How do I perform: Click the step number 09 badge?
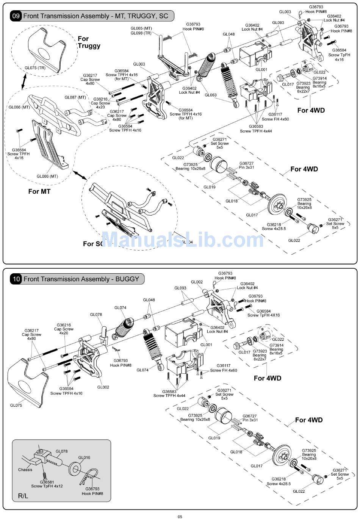[x=16, y=16]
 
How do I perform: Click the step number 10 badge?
[x=16, y=279]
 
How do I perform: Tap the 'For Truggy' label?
[x=89, y=42]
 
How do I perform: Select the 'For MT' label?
[x=39, y=191]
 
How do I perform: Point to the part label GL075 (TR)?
[x=35, y=68]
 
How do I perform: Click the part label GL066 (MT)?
[x=19, y=107]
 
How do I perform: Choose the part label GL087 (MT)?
[x=75, y=97]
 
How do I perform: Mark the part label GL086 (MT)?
[x=47, y=176]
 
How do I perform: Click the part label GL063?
[x=211, y=95]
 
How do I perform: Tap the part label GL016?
[x=84, y=457]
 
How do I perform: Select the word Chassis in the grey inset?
[x=25, y=470]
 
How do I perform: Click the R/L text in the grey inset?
[x=23, y=496]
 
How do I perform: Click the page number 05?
[x=180, y=516]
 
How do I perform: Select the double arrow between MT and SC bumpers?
[x=80, y=175]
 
